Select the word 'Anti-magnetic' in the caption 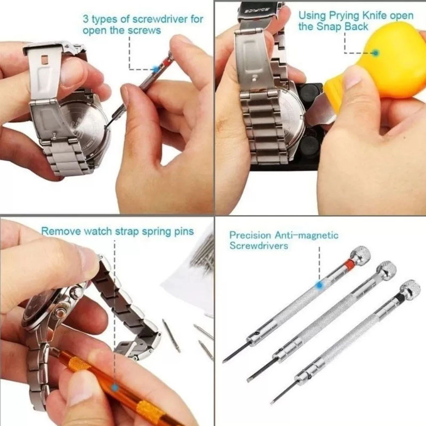point(306,235)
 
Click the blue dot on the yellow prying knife point(375,53)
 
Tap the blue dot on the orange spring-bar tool point(115,388)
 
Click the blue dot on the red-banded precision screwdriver point(319,285)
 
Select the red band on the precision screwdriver point(348,262)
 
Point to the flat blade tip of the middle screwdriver point(249,380)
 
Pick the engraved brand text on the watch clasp point(251,11)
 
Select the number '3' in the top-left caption point(86,19)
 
